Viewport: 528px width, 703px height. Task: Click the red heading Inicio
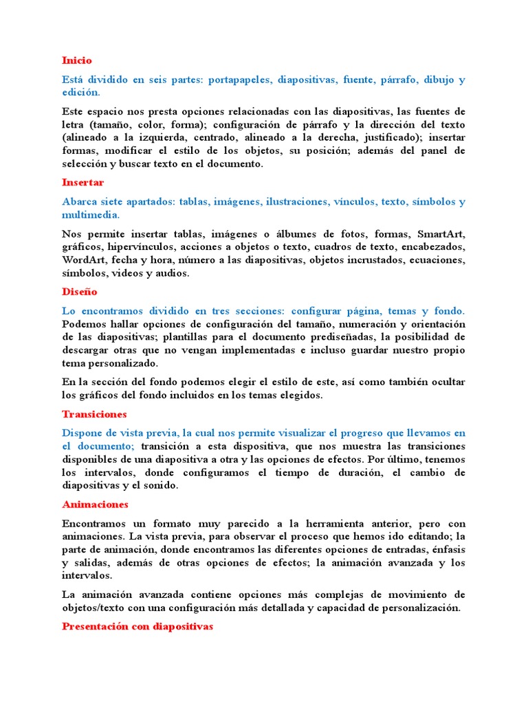76,60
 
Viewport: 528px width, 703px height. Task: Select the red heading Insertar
82,183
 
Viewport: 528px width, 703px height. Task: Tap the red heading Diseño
80,292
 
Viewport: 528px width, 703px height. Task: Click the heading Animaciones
95,505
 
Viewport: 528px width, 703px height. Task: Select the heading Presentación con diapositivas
137,627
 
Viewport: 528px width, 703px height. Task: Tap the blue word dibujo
434,80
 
